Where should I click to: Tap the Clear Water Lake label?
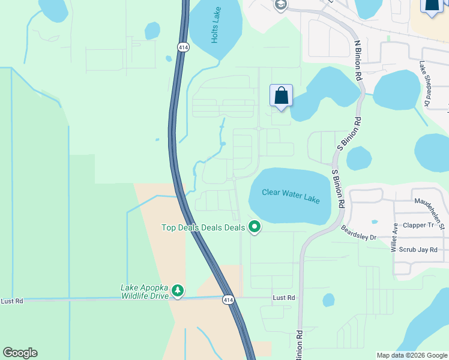(x=291, y=196)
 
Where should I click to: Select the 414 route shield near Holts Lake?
(x=182, y=46)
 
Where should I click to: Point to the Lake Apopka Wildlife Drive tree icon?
(x=177, y=291)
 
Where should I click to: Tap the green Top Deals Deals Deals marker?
(x=255, y=227)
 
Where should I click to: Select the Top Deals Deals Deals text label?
(x=203, y=227)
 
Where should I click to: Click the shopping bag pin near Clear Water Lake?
(x=281, y=96)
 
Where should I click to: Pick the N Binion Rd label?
(x=358, y=62)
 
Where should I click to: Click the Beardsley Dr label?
(x=358, y=233)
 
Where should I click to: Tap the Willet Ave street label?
(x=395, y=238)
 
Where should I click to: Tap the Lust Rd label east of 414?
(x=283, y=298)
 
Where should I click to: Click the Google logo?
(x=20, y=353)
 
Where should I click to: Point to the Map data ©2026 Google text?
(x=411, y=355)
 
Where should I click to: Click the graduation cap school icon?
(x=280, y=5)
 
